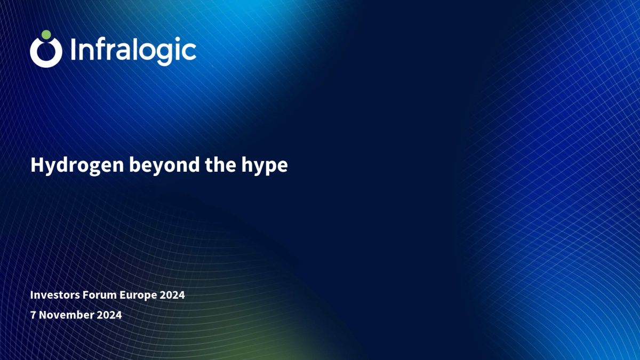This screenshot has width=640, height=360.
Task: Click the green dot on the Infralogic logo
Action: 46,35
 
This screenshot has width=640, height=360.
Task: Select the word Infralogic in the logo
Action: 133,51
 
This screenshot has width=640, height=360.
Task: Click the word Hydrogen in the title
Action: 77,165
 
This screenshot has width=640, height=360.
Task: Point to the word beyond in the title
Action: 165,165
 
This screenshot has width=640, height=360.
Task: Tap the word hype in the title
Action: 265,166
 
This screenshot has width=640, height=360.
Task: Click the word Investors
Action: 55,295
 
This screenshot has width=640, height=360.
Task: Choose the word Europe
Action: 138,295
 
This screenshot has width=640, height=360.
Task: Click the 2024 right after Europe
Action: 172,295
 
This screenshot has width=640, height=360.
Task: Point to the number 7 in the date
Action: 33,315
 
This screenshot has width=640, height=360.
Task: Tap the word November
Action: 66,315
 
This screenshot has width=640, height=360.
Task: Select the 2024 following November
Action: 109,315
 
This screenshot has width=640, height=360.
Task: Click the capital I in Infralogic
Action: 73,50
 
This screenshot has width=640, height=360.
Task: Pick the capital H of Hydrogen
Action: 37,165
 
